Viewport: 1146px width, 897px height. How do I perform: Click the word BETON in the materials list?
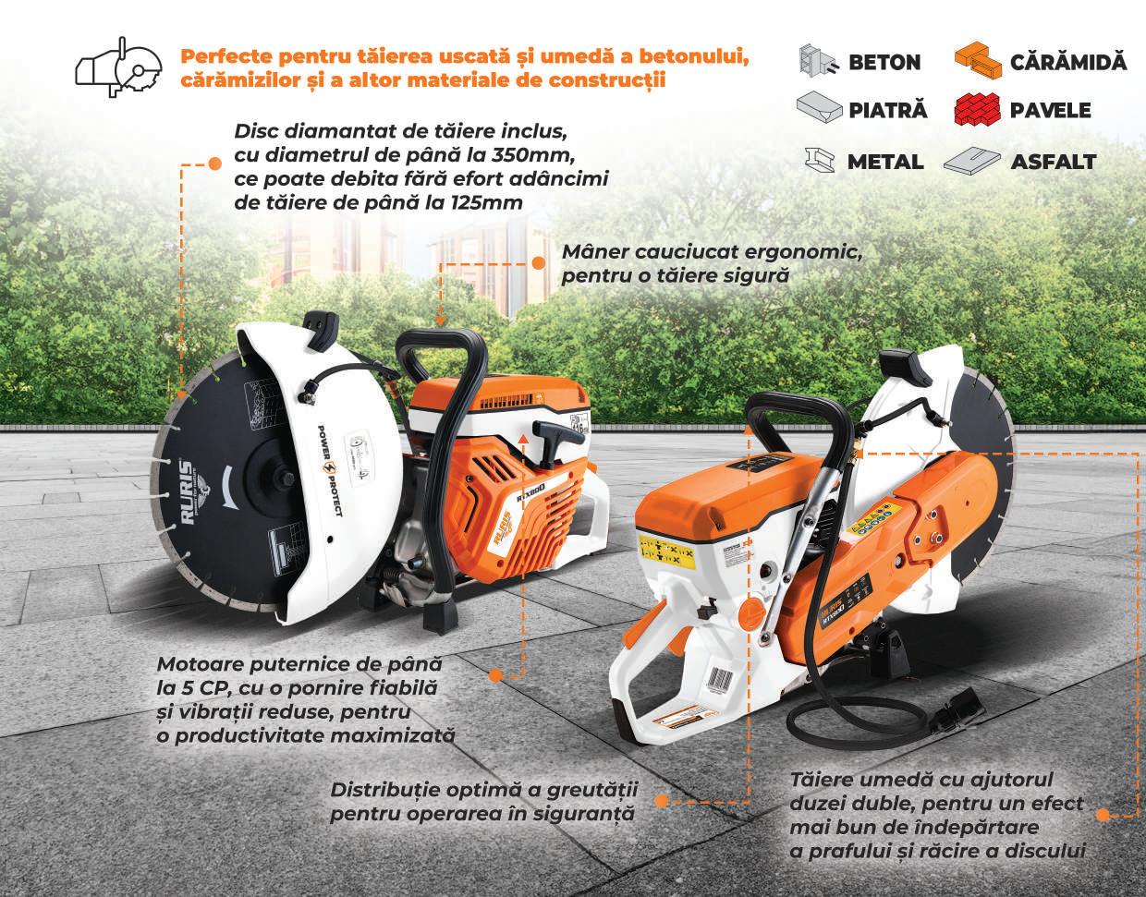click(884, 63)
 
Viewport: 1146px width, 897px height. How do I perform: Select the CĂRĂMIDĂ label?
click(1068, 63)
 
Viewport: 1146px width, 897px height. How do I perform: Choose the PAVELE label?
click(1050, 111)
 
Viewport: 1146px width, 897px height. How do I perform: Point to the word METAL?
click(884, 163)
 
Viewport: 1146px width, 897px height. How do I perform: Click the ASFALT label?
click(1053, 163)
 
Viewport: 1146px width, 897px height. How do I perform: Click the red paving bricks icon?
click(976, 109)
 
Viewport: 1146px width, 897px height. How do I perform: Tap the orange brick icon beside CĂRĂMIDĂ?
click(978, 62)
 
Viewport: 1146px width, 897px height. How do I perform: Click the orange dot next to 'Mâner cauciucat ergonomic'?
click(538, 262)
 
